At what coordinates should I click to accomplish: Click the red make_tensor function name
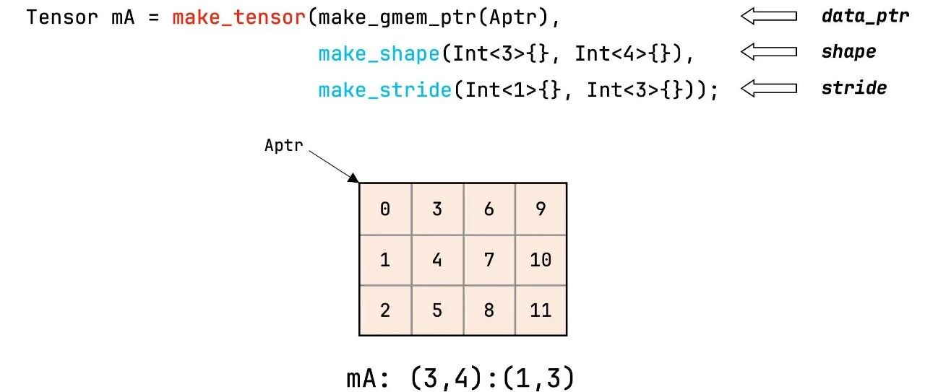(239, 17)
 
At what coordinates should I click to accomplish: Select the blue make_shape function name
(378, 53)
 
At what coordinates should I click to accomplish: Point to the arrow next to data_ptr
(768, 16)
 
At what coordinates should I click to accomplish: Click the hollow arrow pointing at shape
(768, 52)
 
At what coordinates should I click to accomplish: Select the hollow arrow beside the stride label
(768, 89)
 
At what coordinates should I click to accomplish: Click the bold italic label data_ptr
(864, 16)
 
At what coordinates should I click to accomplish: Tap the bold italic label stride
(853, 88)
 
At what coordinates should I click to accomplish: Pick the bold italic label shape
(848, 52)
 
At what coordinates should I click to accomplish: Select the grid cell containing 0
(385, 209)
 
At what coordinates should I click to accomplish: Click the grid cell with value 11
(541, 310)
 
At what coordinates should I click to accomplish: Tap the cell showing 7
(489, 260)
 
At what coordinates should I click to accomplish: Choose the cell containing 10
(541, 260)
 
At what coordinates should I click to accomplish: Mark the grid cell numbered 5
(437, 310)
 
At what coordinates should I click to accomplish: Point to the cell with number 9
(541, 209)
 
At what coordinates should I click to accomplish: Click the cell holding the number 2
(385, 310)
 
